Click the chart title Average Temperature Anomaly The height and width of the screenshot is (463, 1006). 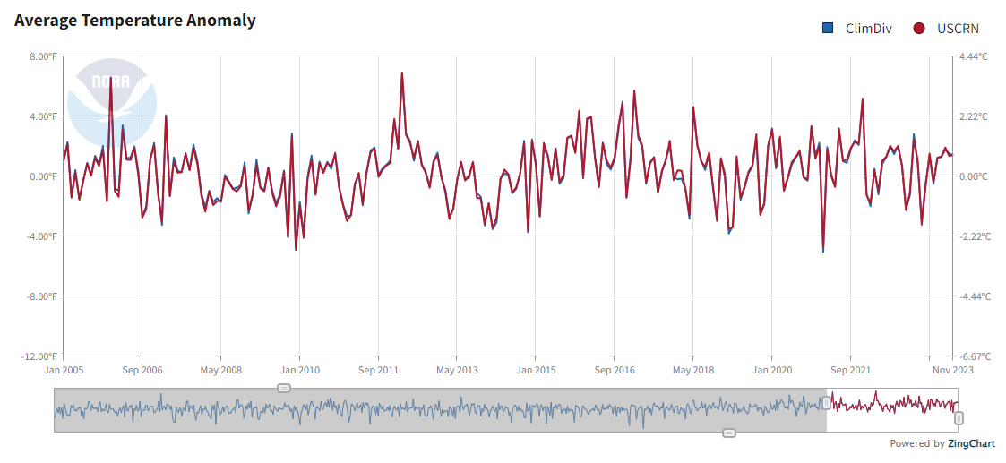click(135, 21)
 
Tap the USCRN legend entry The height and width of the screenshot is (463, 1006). click(958, 29)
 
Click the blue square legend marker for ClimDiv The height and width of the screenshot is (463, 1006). click(829, 29)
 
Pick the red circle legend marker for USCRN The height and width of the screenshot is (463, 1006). click(919, 29)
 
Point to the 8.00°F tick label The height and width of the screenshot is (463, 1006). click(40, 56)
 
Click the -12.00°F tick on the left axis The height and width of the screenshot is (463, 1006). click(38, 356)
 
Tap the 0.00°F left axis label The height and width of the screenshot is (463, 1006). click(40, 176)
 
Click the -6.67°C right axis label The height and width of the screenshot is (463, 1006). click(974, 356)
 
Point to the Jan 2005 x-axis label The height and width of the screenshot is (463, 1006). click(64, 369)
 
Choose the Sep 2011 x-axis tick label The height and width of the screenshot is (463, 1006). click(380, 369)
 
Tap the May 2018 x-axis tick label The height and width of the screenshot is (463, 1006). click(695, 369)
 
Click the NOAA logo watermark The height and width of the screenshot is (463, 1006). click(112, 100)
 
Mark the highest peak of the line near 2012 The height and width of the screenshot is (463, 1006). click(402, 73)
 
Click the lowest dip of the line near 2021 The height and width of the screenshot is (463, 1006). click(823, 251)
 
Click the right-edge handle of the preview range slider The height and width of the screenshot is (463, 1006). click(959, 418)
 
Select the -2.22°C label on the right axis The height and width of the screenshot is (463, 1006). click(974, 236)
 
